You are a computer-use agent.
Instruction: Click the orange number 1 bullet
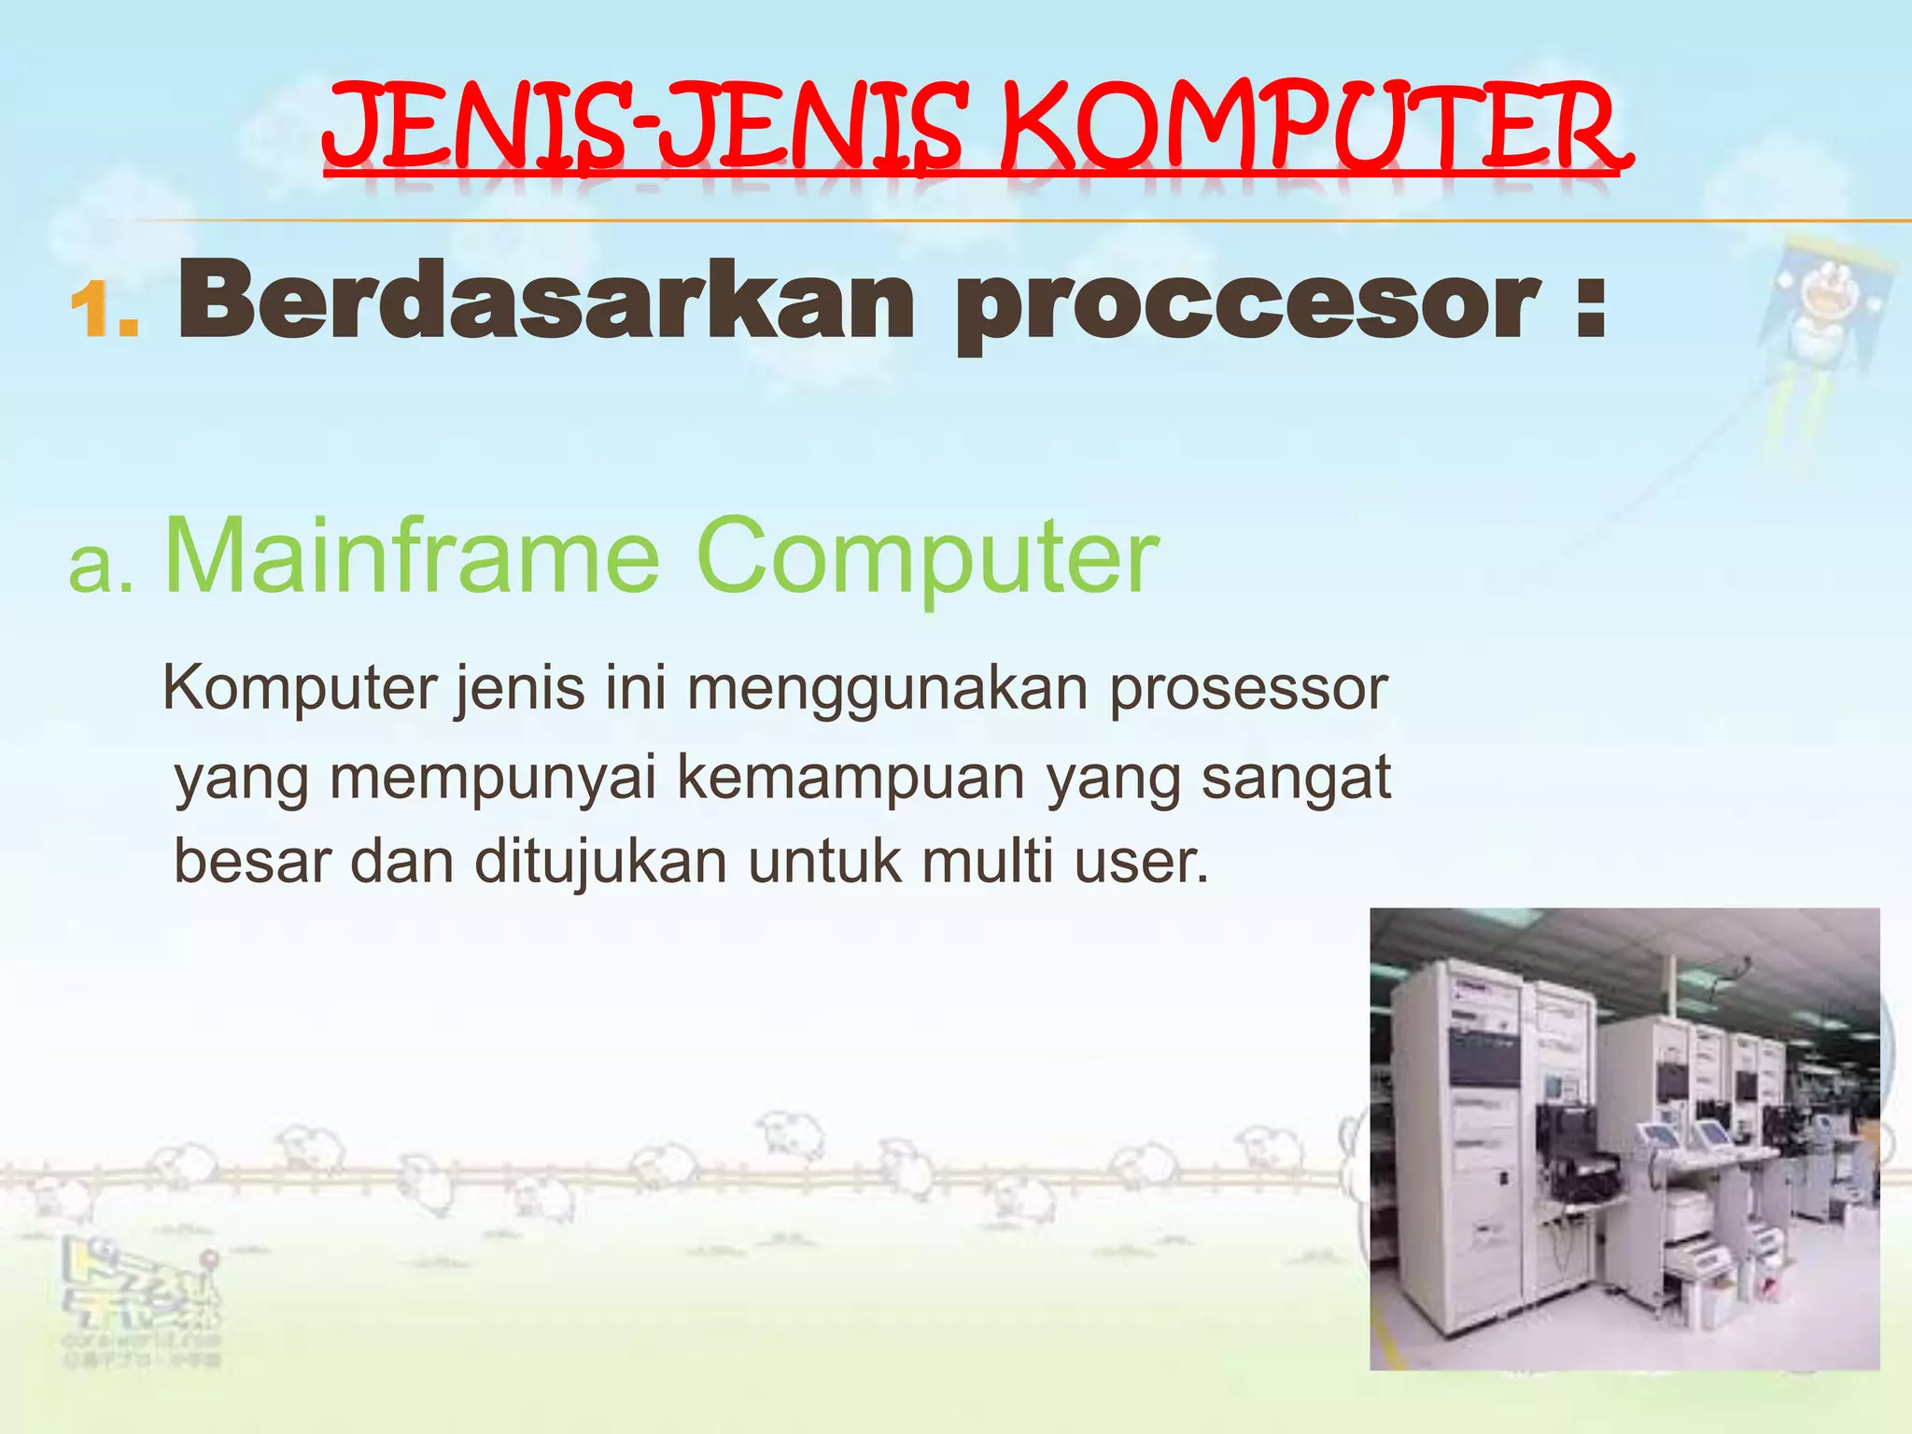pyautogui.click(x=103, y=310)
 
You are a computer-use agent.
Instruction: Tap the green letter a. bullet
pyautogui.click(x=101, y=566)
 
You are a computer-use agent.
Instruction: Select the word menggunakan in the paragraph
pyautogui.click(x=887, y=689)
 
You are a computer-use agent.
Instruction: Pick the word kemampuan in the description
pyautogui.click(x=850, y=778)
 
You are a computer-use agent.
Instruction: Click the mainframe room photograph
pyautogui.click(x=1624, y=1138)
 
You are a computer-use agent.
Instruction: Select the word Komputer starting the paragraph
pyautogui.click(x=300, y=689)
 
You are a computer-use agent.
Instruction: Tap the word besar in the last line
pyautogui.click(x=253, y=861)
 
